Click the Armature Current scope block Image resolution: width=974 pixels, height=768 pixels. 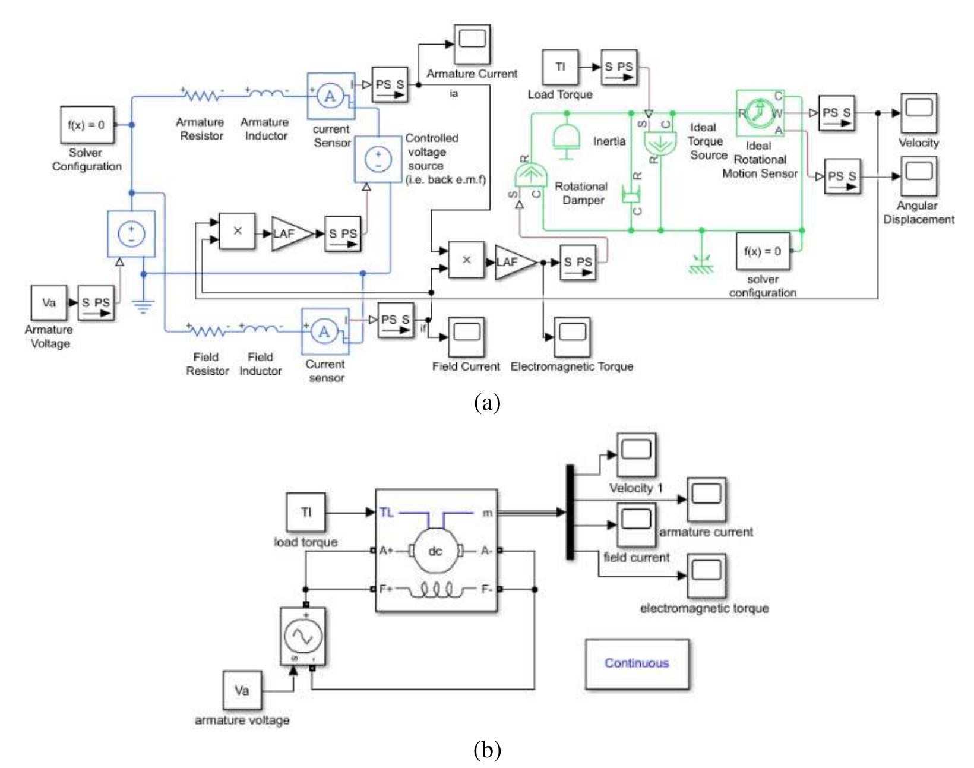coord(473,45)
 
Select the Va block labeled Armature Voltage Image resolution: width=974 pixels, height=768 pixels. coord(49,302)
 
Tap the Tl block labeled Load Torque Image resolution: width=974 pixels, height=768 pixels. coord(560,67)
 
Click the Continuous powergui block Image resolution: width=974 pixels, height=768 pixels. coord(637,663)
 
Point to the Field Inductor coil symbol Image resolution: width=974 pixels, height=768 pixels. coord(261,328)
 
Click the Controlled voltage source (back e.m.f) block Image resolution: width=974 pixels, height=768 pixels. coord(378,159)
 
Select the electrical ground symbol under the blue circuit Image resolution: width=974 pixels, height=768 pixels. coord(143,306)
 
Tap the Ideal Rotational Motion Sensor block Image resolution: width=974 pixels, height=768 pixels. coord(760,113)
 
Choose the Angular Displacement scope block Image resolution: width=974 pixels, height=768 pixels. coord(919,176)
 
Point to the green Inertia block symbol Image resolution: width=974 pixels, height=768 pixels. coord(567,140)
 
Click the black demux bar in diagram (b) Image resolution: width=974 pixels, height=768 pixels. coord(570,512)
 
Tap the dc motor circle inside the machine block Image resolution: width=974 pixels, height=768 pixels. coord(435,551)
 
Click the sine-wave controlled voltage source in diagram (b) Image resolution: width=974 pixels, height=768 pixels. coord(303,637)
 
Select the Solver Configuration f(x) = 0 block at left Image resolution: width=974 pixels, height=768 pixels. coord(87,125)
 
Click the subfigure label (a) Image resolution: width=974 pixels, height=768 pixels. coord(487,402)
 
